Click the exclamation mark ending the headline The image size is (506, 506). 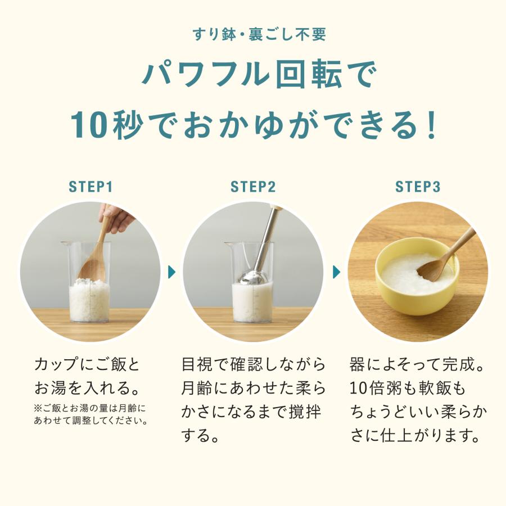click(x=431, y=125)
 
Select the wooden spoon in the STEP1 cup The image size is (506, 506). click(x=96, y=259)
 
